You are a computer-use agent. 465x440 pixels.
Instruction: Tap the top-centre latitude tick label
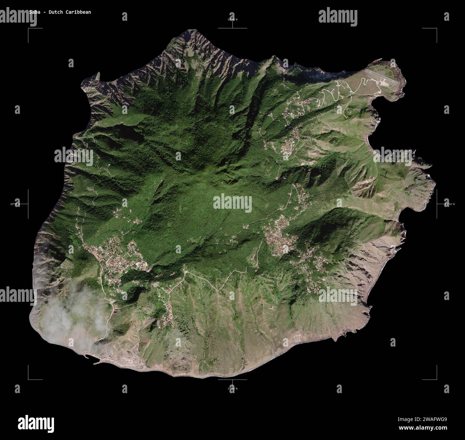pos(232,20)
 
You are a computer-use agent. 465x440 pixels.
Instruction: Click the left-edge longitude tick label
pos(15,204)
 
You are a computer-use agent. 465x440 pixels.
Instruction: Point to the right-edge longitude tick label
pos(450,204)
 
